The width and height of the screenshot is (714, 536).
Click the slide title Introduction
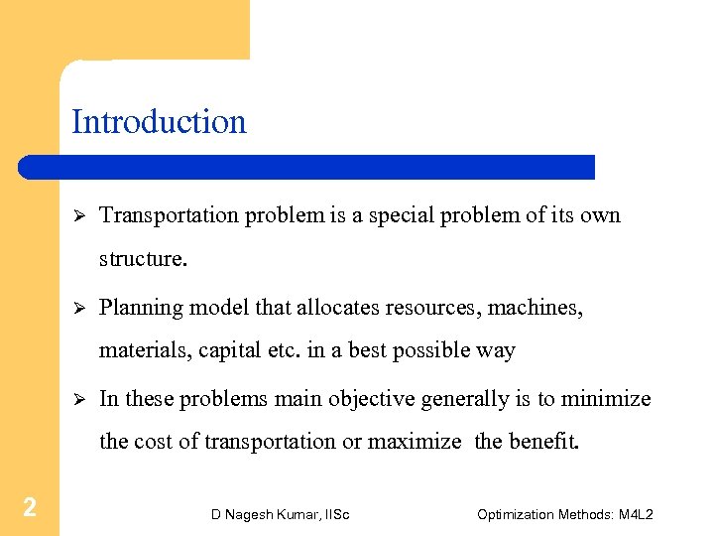pos(159,122)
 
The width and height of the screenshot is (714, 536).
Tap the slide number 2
pos(30,508)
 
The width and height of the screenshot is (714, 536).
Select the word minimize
pos(606,399)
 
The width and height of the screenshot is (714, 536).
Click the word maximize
pos(415,442)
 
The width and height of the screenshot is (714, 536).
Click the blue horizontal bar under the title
pos(307,167)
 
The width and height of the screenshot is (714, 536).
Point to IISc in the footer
pos(335,514)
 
